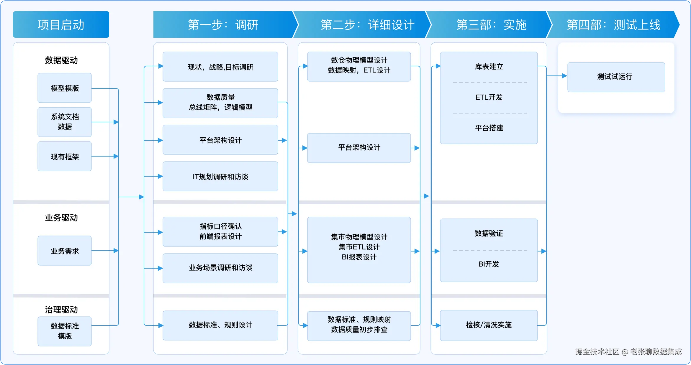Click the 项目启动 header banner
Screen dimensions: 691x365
tap(61, 24)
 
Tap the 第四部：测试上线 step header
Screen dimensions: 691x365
tap(613, 24)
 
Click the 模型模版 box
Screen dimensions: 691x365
tap(65, 88)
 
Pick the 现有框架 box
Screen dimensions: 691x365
tap(65, 156)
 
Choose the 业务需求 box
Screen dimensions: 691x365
tap(65, 251)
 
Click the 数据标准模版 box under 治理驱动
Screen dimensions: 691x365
tap(65, 331)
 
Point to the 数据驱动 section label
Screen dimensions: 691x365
tap(61, 60)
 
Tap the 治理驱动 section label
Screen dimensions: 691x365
tap(61, 310)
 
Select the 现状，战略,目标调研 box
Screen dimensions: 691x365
tap(220, 67)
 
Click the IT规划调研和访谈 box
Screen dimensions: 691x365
tap(220, 176)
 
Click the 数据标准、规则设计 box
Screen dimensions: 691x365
tap(220, 325)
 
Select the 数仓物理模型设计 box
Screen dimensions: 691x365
tap(359, 67)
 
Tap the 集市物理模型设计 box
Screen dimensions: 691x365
tap(359, 250)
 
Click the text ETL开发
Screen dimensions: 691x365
tap(489, 97)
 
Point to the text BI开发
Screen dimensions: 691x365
tap(489, 264)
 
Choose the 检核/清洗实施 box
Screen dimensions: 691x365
tap(489, 325)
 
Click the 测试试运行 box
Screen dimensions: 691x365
tap(616, 77)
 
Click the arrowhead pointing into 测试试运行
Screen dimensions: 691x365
tap(564, 76)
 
